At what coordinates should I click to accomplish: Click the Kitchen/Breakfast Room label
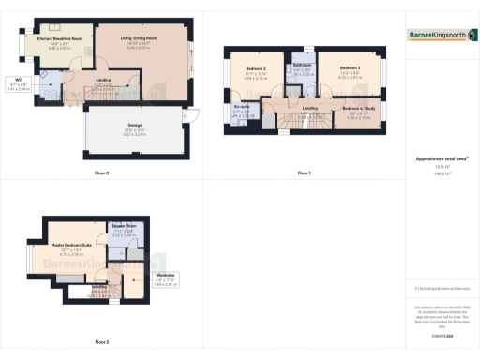coord(54,40)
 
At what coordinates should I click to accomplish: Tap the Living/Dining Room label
coord(138,39)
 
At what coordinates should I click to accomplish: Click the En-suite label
coord(242,110)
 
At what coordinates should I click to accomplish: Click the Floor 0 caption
coord(100,173)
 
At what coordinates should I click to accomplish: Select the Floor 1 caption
coord(304,173)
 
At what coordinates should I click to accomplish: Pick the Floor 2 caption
coord(100,342)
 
